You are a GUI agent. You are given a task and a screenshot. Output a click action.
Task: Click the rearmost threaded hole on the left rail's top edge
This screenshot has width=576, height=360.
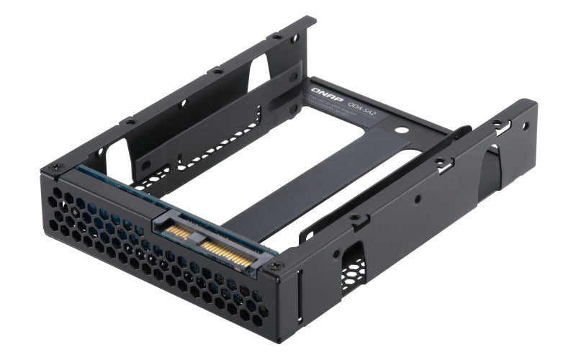click(x=276, y=35)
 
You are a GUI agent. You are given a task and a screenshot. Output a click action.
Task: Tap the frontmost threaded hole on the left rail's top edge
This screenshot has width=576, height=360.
click(x=129, y=122)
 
